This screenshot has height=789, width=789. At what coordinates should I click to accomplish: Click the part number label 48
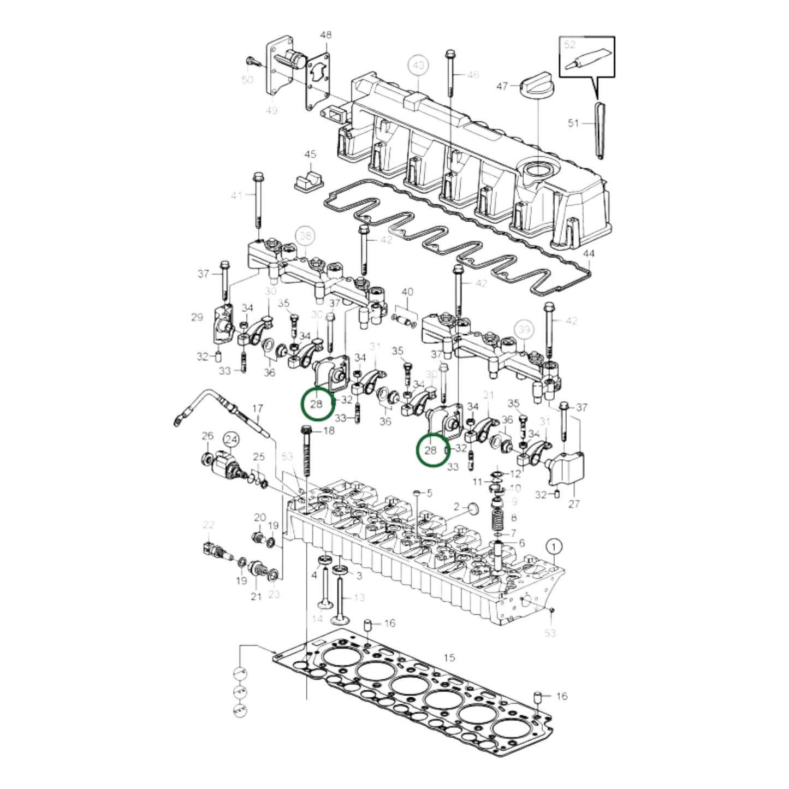(x=325, y=35)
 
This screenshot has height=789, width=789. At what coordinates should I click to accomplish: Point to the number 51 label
(x=573, y=123)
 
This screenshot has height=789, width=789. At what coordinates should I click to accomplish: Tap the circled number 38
(x=305, y=236)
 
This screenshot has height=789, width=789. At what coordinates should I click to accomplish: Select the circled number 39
(x=524, y=329)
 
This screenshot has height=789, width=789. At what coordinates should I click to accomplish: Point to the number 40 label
(x=407, y=292)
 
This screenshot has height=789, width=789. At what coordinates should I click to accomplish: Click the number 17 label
(x=257, y=408)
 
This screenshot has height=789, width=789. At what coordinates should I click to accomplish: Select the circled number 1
(x=554, y=545)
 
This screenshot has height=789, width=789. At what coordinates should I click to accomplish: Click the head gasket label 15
(x=449, y=658)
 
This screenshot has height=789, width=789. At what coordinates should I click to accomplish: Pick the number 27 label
(x=574, y=504)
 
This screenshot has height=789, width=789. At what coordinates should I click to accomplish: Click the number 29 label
(x=197, y=317)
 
